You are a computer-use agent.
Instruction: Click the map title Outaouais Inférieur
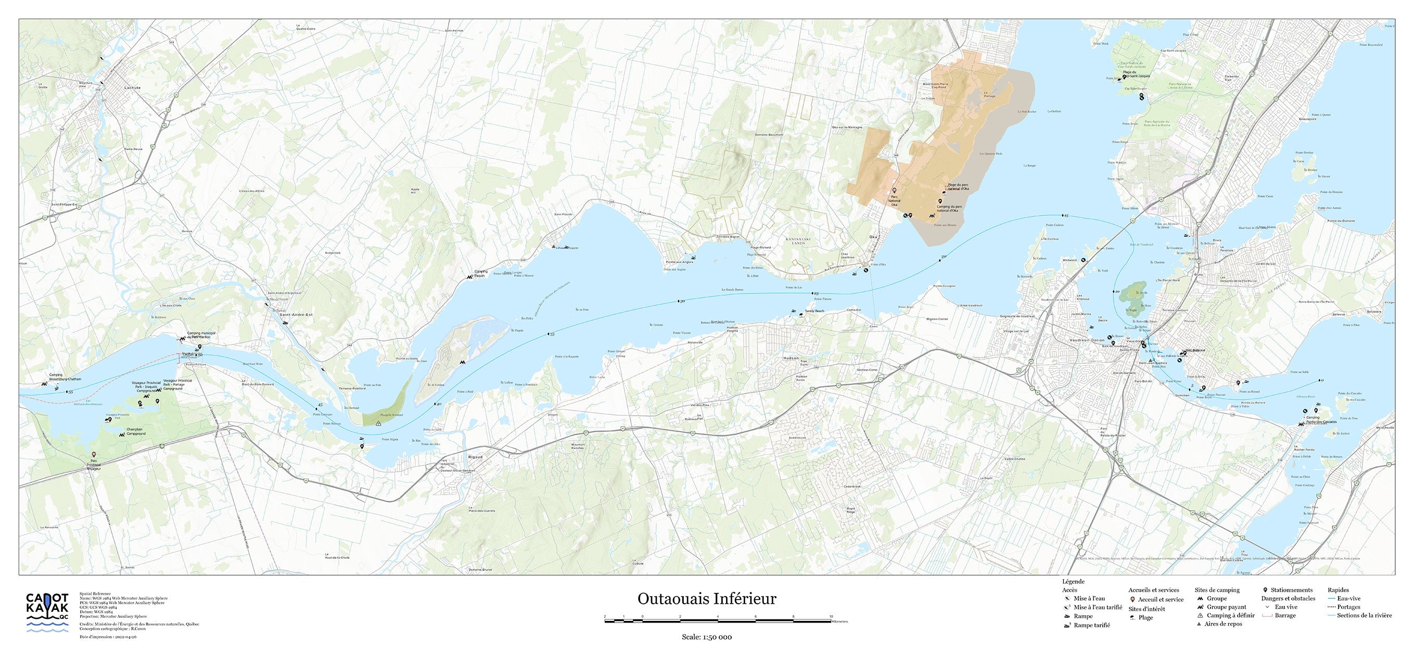tap(706, 599)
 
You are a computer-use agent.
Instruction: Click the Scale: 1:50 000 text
tap(706, 637)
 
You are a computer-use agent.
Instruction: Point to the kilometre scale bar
tap(718, 621)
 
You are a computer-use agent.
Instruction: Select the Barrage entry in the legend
tap(1284, 616)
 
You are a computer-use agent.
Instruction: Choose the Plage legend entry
tap(1145, 618)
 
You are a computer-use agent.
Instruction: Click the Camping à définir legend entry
tap(1230, 616)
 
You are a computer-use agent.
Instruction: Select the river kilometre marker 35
tap(552, 334)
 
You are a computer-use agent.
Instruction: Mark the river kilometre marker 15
tap(1065, 217)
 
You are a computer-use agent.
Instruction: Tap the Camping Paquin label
tap(480, 273)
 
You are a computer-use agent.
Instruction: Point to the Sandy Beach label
tap(814, 311)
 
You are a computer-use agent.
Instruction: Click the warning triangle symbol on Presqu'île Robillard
tap(379, 423)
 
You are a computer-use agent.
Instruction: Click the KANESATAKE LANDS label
tap(799, 241)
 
